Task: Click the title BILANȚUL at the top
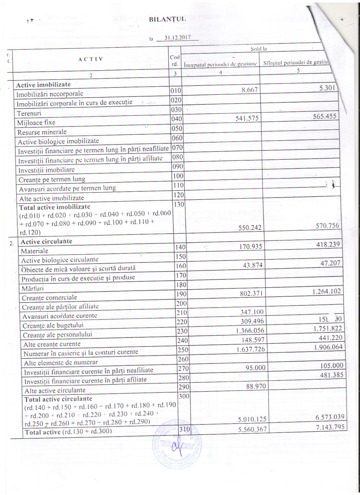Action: tap(167, 19)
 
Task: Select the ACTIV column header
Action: tap(91, 59)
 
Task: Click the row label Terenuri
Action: tap(29, 113)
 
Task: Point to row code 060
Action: tap(177, 138)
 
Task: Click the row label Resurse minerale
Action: tap(42, 132)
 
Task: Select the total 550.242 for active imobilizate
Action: tap(250, 228)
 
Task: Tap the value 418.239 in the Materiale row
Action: tap(328, 244)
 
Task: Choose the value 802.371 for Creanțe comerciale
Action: tap(251, 294)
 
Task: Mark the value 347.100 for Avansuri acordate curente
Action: tap(252, 312)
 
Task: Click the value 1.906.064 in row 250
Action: tap(328, 347)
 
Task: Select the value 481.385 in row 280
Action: tap(331, 375)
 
